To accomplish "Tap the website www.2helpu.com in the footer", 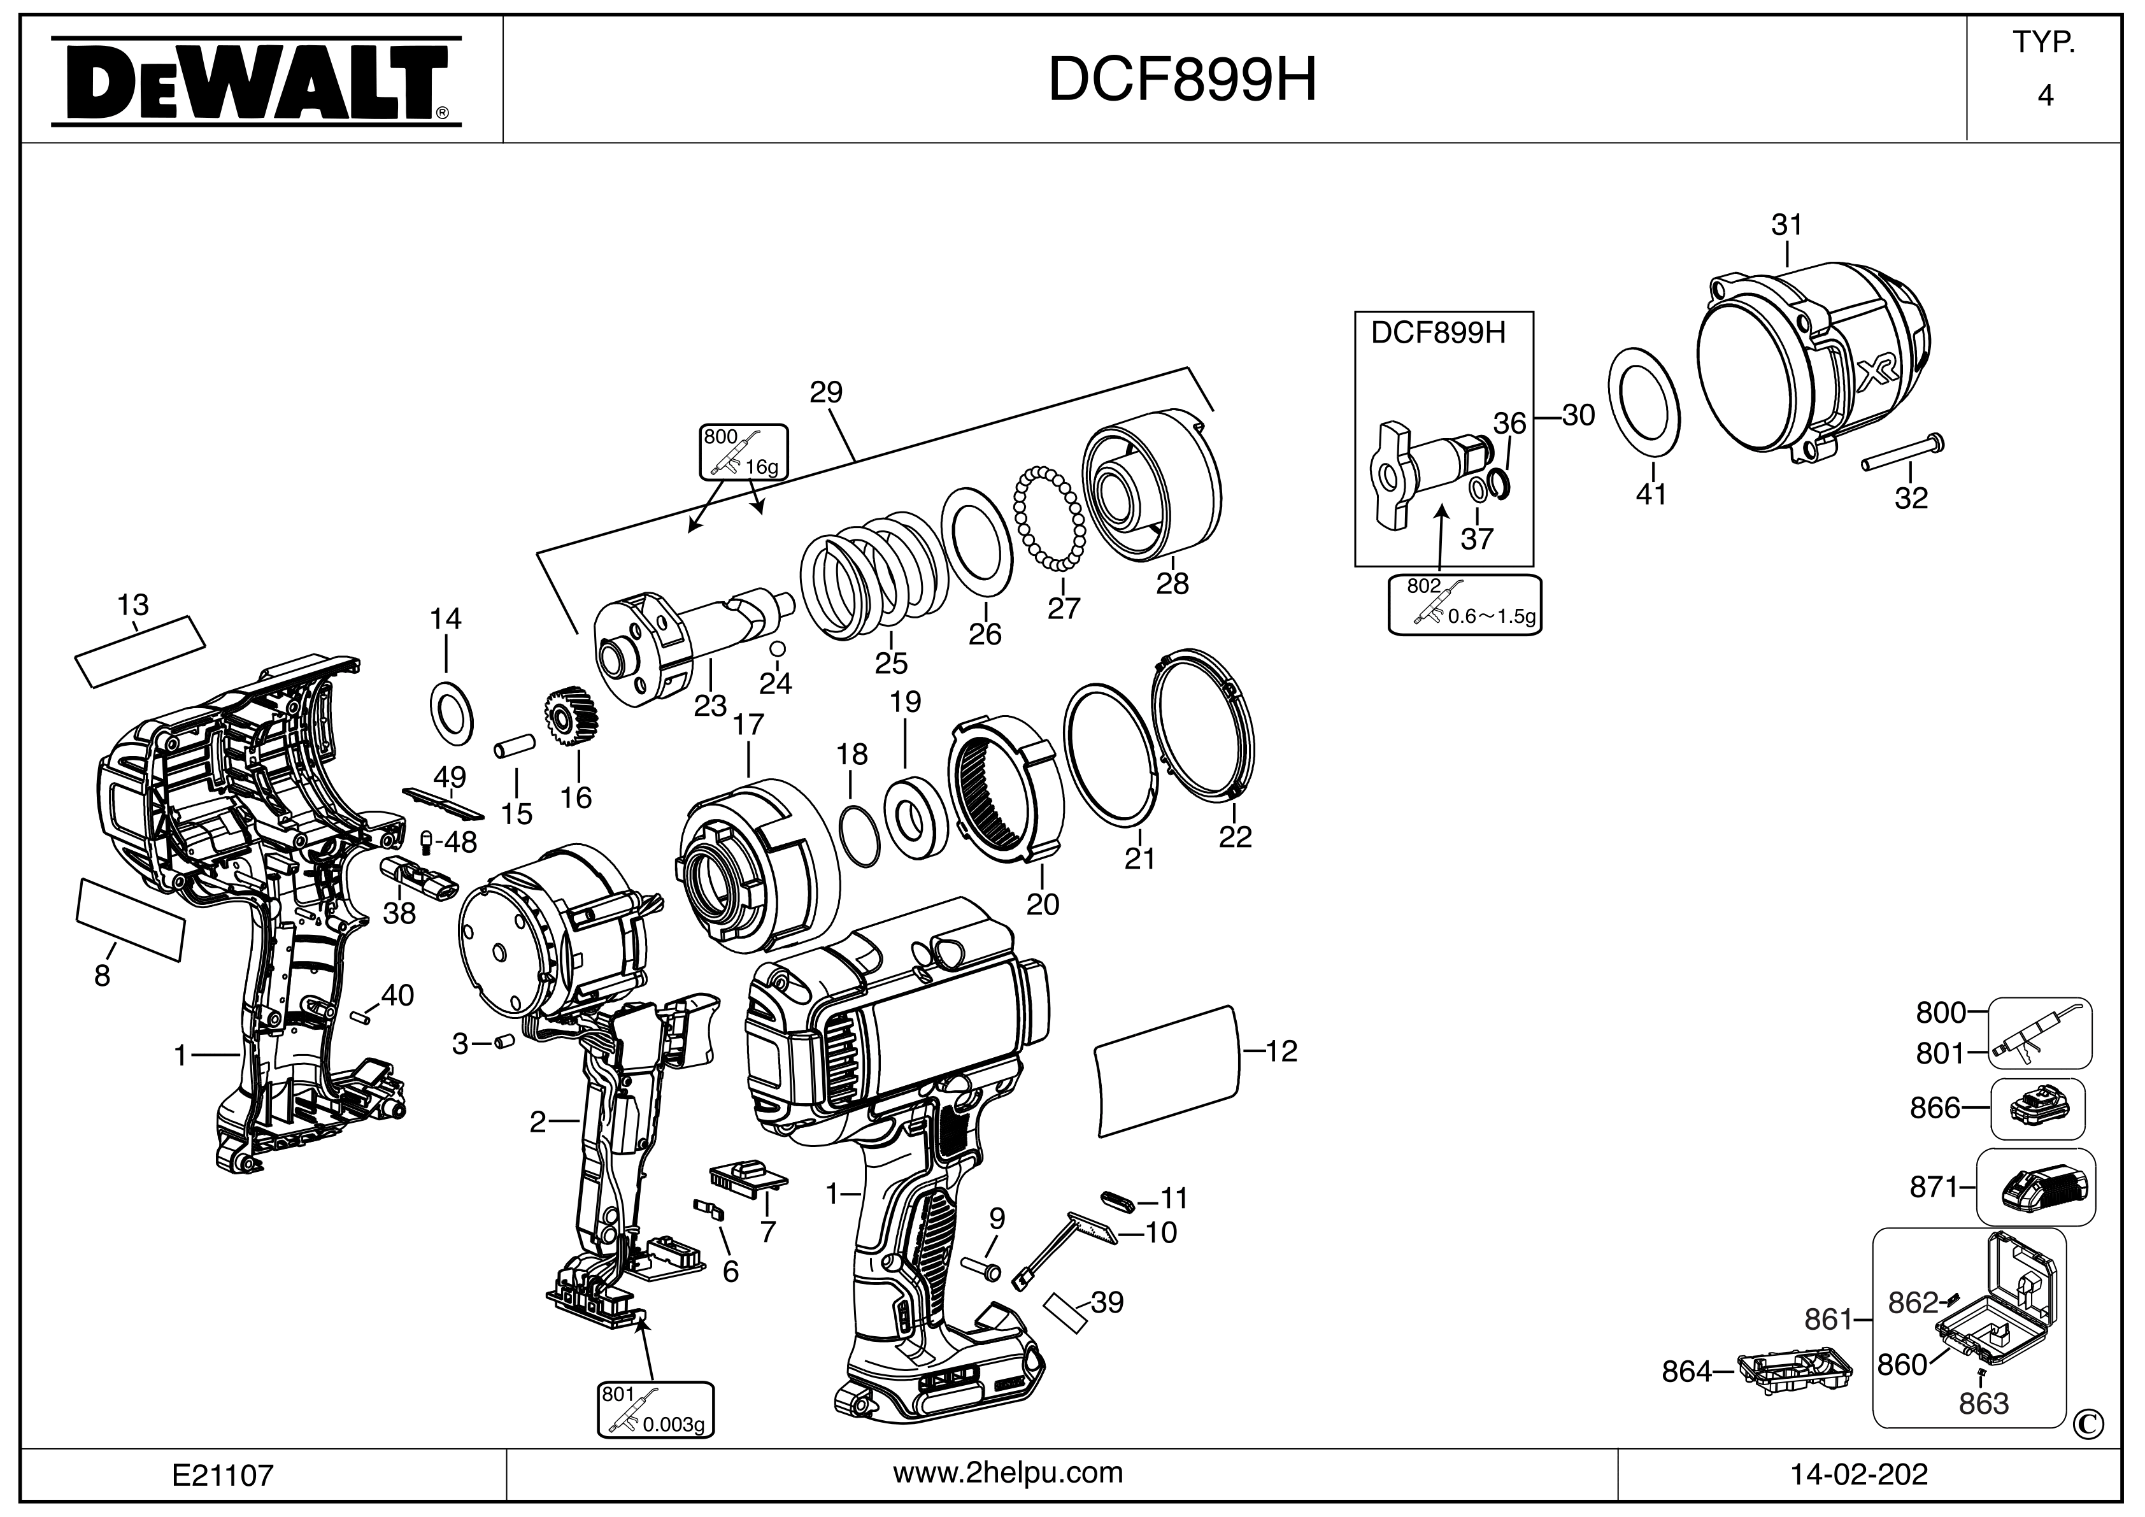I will (x=1008, y=1473).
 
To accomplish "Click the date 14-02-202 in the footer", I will (x=1858, y=1475).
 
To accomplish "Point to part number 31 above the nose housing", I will (x=1786, y=225).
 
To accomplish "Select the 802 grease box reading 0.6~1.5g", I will (x=1465, y=605).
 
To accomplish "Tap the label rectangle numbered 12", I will (x=1171, y=1071).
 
